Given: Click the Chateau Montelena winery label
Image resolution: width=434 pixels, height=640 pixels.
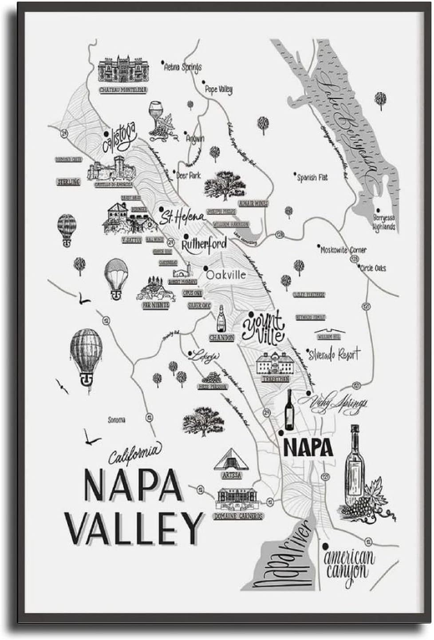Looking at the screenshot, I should coord(123,90).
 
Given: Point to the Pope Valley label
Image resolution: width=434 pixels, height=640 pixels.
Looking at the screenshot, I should coord(219,90).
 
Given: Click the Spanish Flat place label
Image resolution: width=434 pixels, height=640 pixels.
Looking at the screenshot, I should coord(312,177).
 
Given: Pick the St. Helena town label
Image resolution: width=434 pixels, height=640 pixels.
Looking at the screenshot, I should coord(182,216).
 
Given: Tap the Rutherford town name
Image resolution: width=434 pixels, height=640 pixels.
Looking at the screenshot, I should coord(205,244).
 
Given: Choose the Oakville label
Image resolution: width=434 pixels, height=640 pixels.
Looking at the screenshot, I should coord(225,275).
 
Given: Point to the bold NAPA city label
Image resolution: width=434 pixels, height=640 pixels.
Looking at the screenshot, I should coord(308,447).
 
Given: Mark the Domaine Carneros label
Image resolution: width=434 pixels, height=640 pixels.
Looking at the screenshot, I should coord(238,516).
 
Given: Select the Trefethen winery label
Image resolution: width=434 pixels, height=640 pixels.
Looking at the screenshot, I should coord(275,379).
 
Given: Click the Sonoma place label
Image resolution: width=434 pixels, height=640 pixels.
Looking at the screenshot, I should coord(117,419).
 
